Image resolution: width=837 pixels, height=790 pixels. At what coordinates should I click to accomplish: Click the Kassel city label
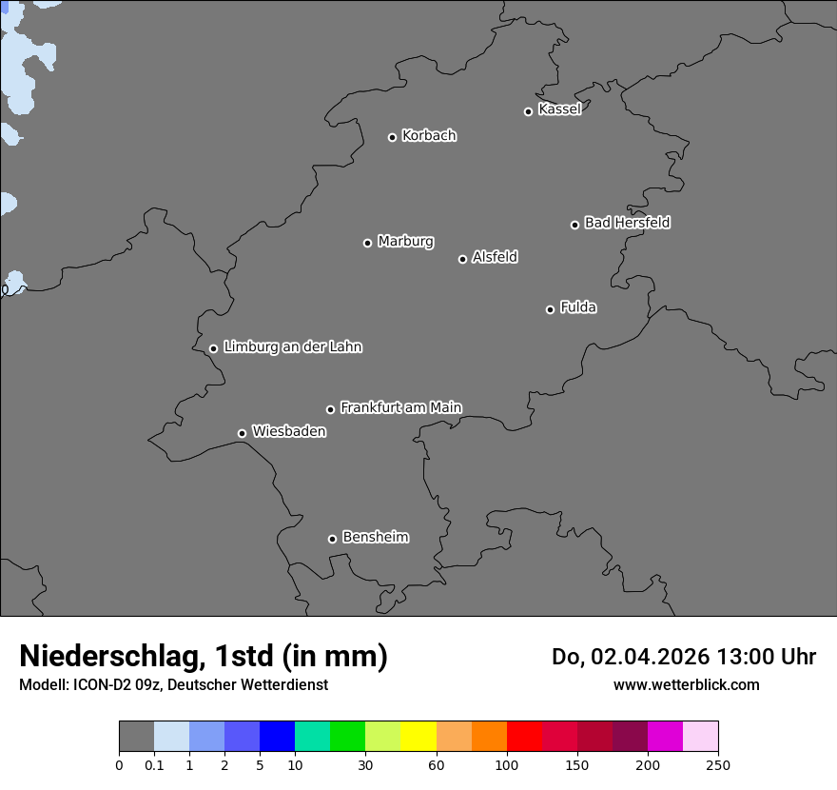pos(559,109)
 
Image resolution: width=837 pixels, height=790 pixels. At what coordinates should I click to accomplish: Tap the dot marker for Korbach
pos(392,137)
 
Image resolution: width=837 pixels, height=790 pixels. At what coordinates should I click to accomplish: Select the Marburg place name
pos(405,242)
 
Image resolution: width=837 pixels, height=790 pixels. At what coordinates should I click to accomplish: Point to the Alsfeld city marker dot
pos(462,259)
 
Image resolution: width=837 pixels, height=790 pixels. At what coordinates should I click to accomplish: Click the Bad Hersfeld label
pos(627,223)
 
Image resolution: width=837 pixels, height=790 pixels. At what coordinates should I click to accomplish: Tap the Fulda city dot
pos(550,309)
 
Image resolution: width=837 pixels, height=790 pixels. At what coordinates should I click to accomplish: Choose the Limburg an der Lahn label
pos(292,347)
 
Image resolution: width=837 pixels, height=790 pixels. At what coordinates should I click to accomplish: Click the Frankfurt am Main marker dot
pos(331,409)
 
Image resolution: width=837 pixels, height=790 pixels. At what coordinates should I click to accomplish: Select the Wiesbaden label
pos(289,432)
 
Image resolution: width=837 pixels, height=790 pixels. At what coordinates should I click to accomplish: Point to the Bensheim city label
pos(375,538)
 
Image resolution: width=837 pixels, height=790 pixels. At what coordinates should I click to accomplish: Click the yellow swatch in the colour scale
pos(418,737)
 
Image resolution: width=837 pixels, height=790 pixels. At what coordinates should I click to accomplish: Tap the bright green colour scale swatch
pos(348,737)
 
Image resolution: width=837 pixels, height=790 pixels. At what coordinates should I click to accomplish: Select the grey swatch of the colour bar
pos(136,737)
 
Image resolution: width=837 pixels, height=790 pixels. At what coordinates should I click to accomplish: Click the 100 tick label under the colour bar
pos(507,764)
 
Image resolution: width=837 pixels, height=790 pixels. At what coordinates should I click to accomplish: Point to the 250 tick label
pos(718,764)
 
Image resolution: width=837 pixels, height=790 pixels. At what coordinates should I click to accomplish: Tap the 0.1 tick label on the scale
pos(154,764)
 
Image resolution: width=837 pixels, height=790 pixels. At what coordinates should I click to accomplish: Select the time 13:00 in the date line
pos(739,657)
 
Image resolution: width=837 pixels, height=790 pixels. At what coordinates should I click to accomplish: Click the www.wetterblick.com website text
pos(686,685)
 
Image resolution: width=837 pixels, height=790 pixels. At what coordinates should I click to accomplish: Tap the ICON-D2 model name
pos(102,685)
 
